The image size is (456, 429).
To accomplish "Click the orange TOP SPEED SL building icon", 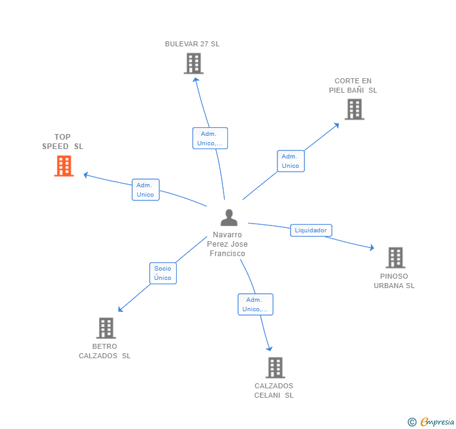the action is tap(64, 166).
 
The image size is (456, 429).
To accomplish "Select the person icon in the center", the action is tap(229, 218).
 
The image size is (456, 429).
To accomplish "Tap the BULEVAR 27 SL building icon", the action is tap(194, 63).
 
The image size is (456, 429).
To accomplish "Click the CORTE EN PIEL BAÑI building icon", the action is tap(355, 110).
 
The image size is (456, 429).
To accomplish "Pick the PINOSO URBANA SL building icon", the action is tap(395, 257).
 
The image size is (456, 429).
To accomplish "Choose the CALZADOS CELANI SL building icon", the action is tap(275, 368).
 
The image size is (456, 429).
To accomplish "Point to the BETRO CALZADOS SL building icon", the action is tap(106, 328).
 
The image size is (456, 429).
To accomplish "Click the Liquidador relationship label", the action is tap(311, 230).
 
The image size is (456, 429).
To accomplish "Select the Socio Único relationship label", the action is tap(163, 273).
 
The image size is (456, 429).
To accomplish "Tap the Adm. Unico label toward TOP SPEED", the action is tap(145, 190).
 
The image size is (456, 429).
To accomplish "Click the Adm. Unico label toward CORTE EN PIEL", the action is tap(291, 161).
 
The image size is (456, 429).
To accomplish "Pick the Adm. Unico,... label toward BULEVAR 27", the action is tap(210, 138).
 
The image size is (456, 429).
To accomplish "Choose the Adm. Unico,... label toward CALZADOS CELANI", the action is tap(255, 304).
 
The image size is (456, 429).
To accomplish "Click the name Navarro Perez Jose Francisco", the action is tap(227, 244).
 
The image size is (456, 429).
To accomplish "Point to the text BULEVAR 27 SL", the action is tap(192, 44).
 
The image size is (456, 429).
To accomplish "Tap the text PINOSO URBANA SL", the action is tap(394, 281).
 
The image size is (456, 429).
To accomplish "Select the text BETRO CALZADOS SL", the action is tap(105, 351).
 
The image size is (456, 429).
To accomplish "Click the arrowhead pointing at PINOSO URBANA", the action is tap(371, 248).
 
